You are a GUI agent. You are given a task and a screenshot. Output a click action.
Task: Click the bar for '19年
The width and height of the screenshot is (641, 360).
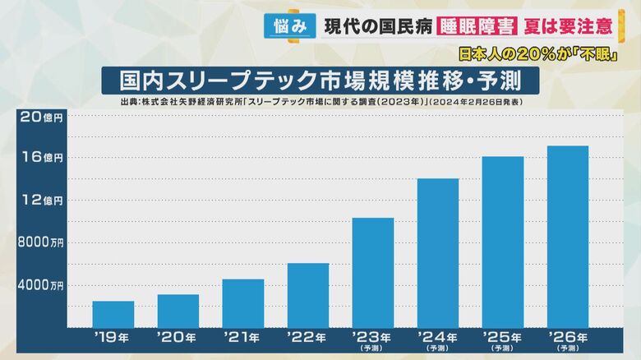113,315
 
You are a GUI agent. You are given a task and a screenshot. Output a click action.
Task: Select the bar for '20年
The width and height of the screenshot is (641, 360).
178,312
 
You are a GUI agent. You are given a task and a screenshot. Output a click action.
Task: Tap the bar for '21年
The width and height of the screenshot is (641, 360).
243,304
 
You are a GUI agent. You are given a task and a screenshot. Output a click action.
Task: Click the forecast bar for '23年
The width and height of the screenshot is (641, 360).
373,273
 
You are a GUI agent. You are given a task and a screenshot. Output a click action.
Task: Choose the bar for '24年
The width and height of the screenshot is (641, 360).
438,253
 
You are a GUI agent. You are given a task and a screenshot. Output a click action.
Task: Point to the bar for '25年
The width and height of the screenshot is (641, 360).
503,242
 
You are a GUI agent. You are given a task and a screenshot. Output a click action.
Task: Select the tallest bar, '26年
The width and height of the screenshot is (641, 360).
568,237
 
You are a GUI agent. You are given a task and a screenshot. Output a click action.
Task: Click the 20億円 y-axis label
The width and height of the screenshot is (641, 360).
42,118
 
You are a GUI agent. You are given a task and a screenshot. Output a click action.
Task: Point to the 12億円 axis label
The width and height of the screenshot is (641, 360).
42,201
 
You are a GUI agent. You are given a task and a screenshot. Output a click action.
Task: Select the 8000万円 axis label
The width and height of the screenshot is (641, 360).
41,243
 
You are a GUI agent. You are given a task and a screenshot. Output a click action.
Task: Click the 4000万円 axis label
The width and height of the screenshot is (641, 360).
41,286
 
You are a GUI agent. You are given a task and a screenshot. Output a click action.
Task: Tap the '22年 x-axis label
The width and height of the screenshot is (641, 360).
308,337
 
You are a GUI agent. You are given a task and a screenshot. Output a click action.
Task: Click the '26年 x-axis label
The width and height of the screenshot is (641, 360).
568,337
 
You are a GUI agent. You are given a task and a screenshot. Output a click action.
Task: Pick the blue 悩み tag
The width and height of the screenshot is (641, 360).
291,26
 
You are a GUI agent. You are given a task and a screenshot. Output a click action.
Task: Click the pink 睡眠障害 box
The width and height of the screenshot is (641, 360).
477,26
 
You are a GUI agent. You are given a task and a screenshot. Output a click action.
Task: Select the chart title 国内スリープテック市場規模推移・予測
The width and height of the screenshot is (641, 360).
317,82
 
